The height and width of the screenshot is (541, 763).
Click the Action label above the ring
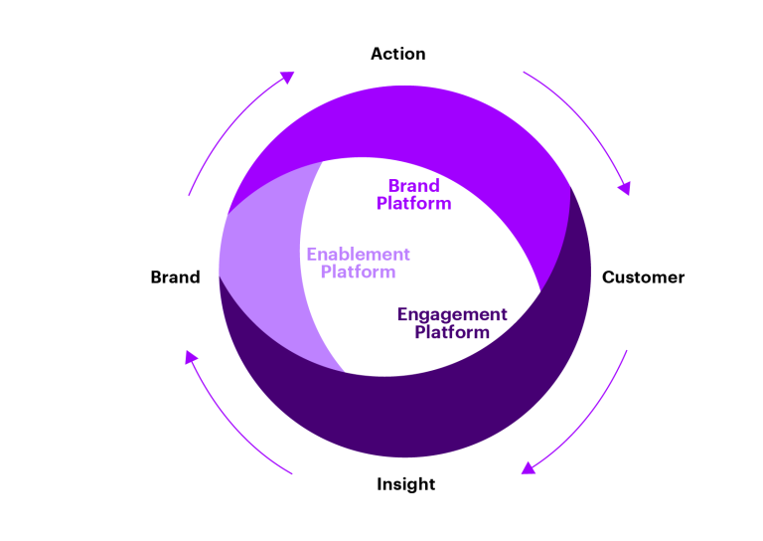tap(397, 54)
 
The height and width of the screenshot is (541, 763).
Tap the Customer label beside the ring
tap(643, 277)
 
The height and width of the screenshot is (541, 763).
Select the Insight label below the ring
tap(405, 484)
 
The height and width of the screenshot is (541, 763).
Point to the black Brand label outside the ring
tap(175, 277)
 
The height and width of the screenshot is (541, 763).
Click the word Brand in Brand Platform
tap(413, 186)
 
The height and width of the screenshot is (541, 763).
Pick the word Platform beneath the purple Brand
tap(413, 204)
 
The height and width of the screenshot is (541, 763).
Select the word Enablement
tap(358, 255)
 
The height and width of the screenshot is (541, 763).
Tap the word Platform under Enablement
tap(358, 272)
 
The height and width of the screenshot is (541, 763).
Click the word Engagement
tap(452, 314)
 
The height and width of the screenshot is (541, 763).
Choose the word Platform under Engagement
tap(452, 332)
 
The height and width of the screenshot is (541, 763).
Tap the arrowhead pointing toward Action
tap(287, 77)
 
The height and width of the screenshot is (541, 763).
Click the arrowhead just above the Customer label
tap(624, 187)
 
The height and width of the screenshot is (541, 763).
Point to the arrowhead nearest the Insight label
tap(529, 467)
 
